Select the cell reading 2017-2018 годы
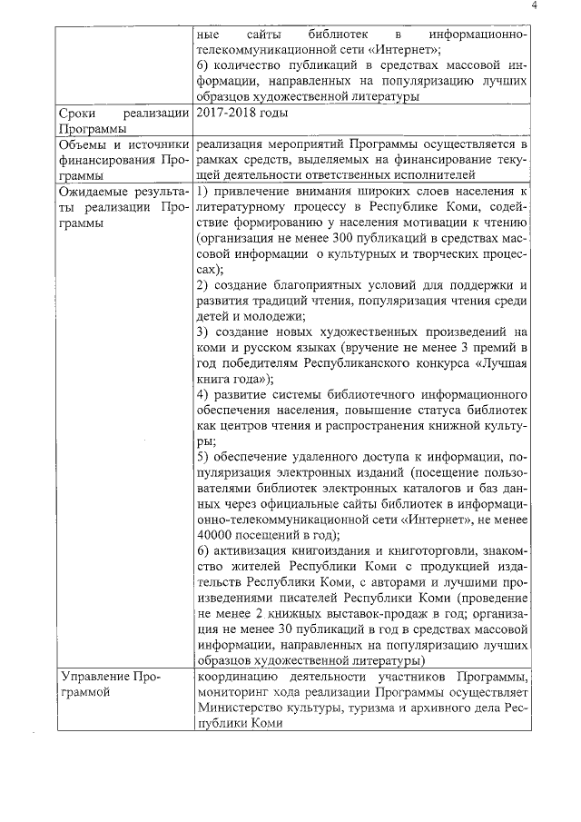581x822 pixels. pyautogui.click(x=241, y=114)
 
